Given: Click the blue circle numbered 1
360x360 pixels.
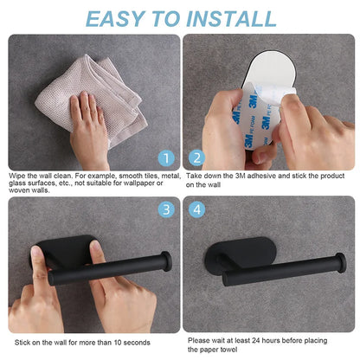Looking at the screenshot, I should (x=165, y=158).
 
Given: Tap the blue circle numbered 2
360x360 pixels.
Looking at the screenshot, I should (x=196, y=158).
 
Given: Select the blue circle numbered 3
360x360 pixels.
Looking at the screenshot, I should (x=165, y=209).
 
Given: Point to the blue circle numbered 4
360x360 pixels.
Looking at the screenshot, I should (x=196, y=209).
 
